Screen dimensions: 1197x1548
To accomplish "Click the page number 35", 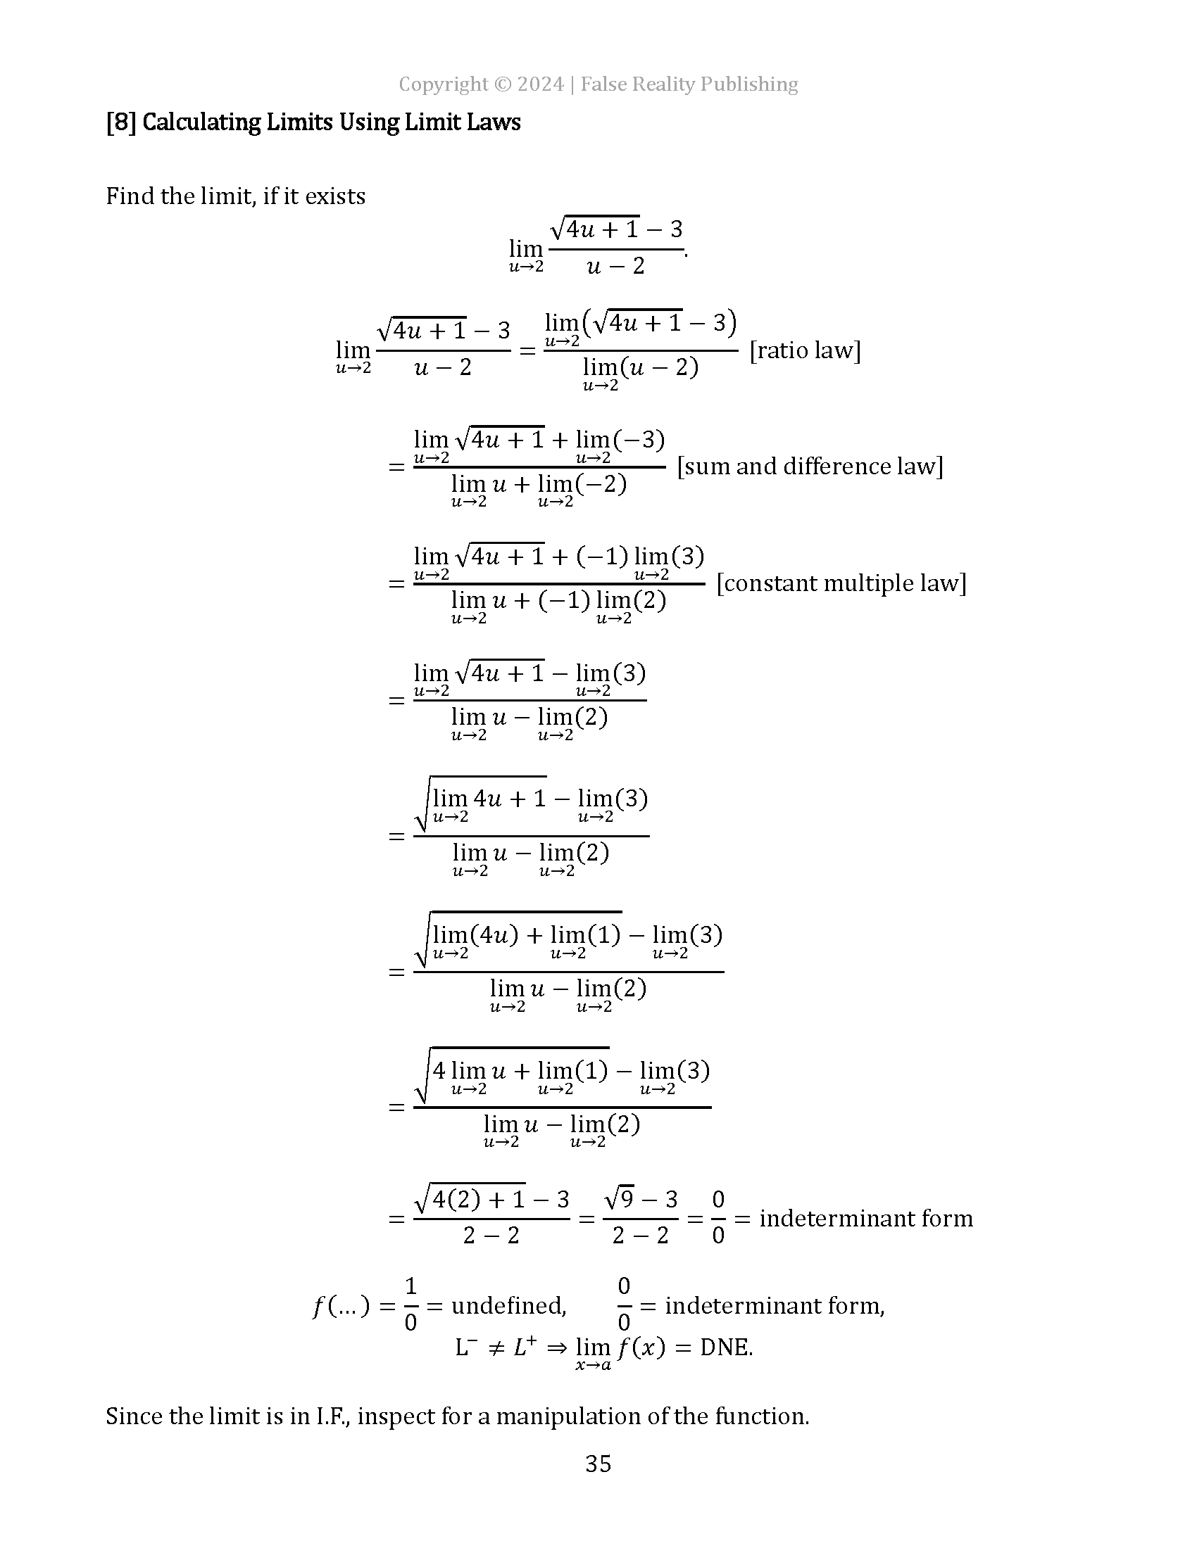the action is tap(598, 1464).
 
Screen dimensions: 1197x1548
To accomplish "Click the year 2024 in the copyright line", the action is tap(540, 84).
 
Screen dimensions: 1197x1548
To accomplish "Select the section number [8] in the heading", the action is tap(120, 122).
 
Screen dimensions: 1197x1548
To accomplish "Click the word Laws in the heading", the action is tap(498, 122).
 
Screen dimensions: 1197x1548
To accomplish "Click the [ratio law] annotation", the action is tap(805, 350).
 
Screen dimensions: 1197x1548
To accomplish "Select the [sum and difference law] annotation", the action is tap(810, 467).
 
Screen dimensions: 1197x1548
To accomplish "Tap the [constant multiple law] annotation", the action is tap(841, 583).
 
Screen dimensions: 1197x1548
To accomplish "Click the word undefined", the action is tap(508, 1305).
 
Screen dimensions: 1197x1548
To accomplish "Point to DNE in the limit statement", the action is tap(725, 1347).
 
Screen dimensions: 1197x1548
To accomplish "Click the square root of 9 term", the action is tap(619, 1199).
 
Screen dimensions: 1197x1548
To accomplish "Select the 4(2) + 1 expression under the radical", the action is tap(479, 1199).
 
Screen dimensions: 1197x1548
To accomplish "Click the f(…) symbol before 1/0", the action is tap(341, 1305).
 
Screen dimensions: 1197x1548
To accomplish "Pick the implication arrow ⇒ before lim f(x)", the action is tap(558, 1347).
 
